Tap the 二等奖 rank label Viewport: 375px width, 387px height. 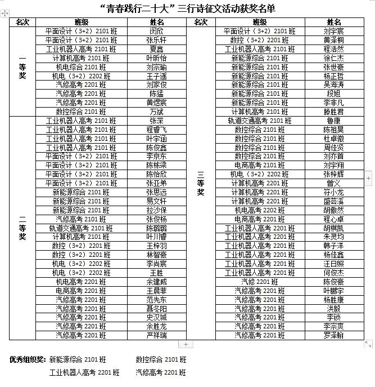point(22,228)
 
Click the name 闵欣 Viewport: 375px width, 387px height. point(156,31)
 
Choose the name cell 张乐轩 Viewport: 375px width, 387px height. point(156,40)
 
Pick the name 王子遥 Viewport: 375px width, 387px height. point(156,75)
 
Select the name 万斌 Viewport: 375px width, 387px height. point(156,112)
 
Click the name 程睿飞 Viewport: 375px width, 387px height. point(156,130)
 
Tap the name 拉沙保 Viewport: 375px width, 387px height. point(156,210)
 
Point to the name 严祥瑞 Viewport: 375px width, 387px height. point(156,335)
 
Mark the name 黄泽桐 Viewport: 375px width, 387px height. point(334,40)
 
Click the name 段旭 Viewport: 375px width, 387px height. point(334,94)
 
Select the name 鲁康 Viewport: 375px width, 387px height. point(334,121)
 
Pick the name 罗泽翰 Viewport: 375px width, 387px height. point(334,335)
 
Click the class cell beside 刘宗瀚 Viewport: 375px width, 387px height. point(79,67)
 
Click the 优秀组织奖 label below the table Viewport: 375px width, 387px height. point(27,359)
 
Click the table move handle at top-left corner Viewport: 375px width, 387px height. point(4,20)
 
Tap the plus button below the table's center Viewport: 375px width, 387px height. point(186,344)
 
